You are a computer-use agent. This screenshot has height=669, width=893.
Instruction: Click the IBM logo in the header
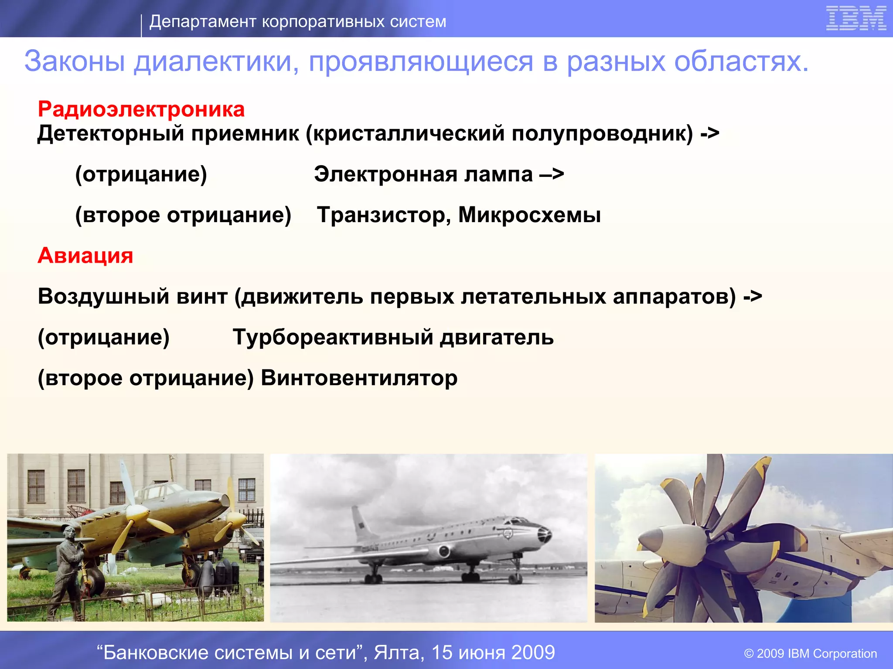click(x=856, y=19)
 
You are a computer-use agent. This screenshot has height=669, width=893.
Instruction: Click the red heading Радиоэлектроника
click(x=141, y=109)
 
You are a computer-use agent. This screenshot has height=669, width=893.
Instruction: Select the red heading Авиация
click(x=85, y=255)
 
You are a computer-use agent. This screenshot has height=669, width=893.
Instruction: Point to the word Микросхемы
click(x=529, y=215)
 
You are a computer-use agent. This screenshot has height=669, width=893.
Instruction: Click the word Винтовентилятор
click(x=359, y=378)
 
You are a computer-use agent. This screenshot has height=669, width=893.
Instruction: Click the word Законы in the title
click(x=75, y=61)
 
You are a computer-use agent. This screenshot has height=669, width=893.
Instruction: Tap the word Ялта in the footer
click(x=399, y=652)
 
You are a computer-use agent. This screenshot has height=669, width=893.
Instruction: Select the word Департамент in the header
click(x=203, y=21)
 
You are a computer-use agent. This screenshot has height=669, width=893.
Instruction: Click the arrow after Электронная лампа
click(x=552, y=175)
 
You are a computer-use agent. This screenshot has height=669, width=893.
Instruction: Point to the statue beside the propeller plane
click(x=70, y=566)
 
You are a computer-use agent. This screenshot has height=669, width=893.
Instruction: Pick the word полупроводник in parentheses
click(x=602, y=133)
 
